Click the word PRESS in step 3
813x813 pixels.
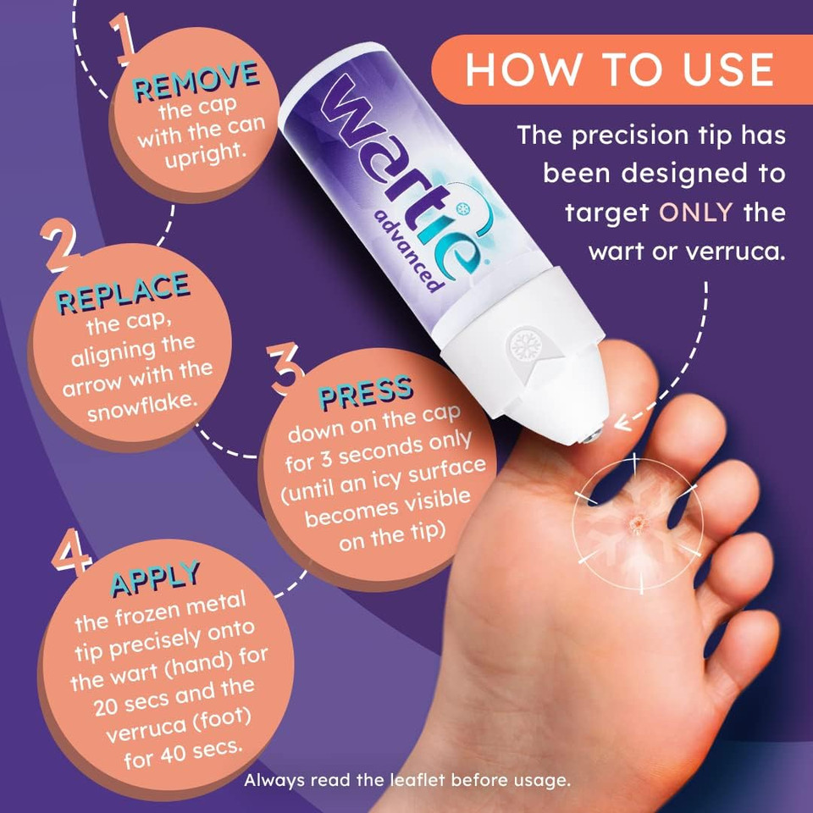(366, 395)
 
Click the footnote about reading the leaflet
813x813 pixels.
(407, 780)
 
